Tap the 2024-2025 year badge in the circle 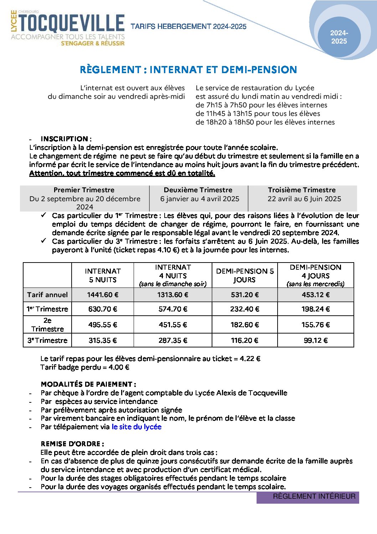click(339, 37)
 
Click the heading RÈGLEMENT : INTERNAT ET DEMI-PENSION click(188, 70)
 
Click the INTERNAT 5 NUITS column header click(103, 275)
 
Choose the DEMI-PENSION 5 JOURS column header click(245, 275)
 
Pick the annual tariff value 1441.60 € click(103, 295)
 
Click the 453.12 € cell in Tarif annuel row click(315, 295)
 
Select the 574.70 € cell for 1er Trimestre click(173, 309)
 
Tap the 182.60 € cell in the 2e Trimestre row click(245, 325)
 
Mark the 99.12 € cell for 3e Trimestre click(315, 341)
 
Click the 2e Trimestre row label click(47, 325)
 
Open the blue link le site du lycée click(136, 427)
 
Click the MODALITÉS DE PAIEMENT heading click(88, 384)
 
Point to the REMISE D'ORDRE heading click(72, 444)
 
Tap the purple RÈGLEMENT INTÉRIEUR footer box click(308, 497)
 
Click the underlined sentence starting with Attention click(122, 173)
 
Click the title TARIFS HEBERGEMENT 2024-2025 click(188, 26)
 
